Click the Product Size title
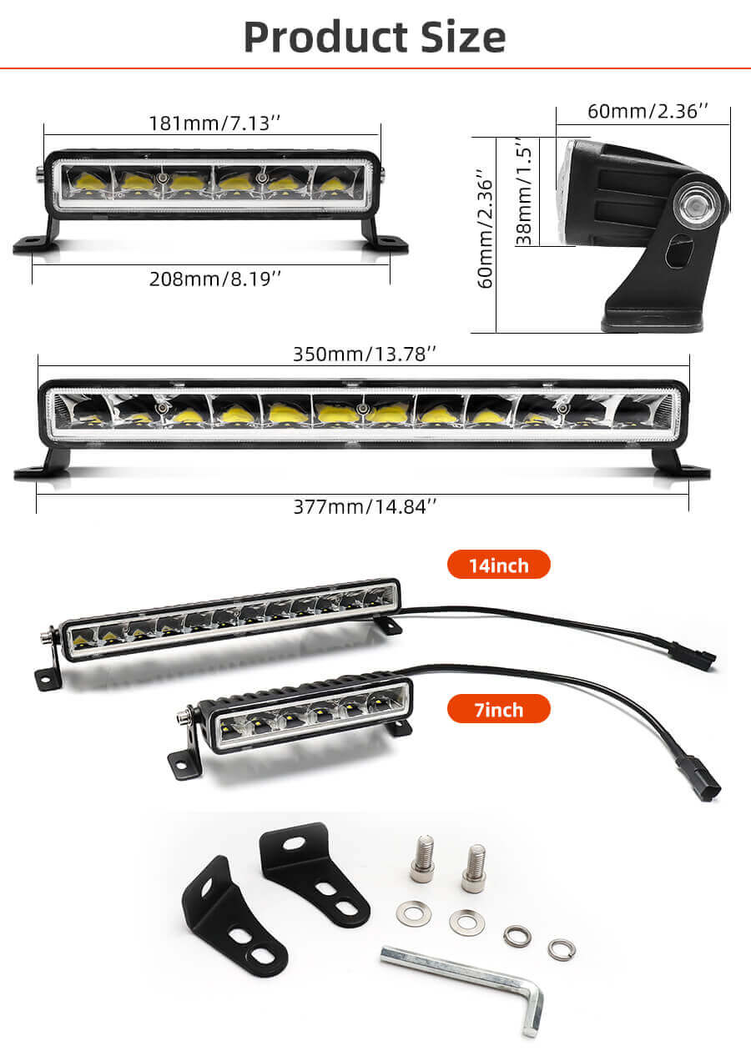375,37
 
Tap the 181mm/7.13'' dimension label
214,123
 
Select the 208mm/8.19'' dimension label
214,279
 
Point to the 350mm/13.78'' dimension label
365,353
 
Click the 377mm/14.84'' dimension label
365,505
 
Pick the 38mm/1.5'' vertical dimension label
524,192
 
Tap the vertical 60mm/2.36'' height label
484,229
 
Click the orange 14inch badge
498,565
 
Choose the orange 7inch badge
498,709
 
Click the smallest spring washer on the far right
562,949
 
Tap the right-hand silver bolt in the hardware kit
475,868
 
